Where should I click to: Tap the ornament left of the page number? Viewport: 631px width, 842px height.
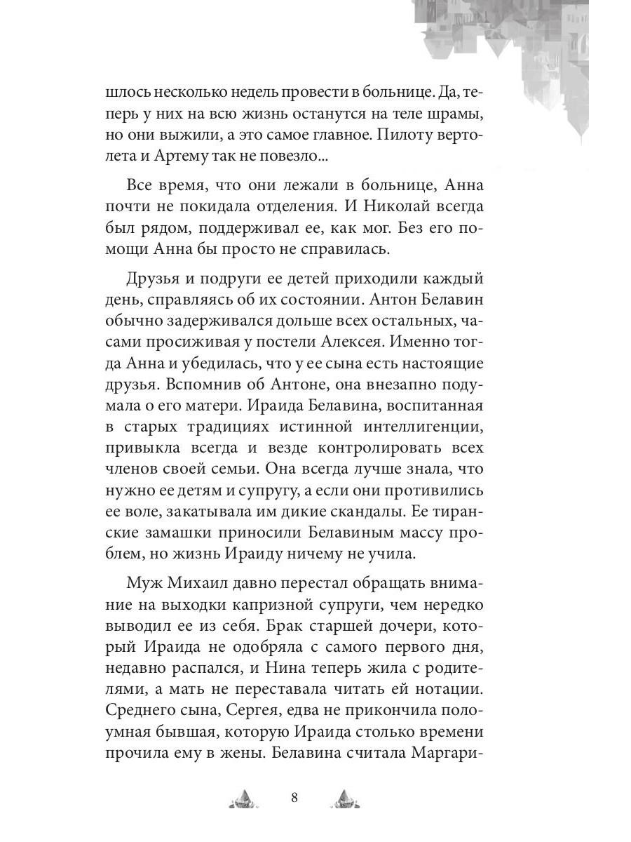[244, 798]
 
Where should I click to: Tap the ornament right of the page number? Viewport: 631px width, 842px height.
[345, 798]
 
